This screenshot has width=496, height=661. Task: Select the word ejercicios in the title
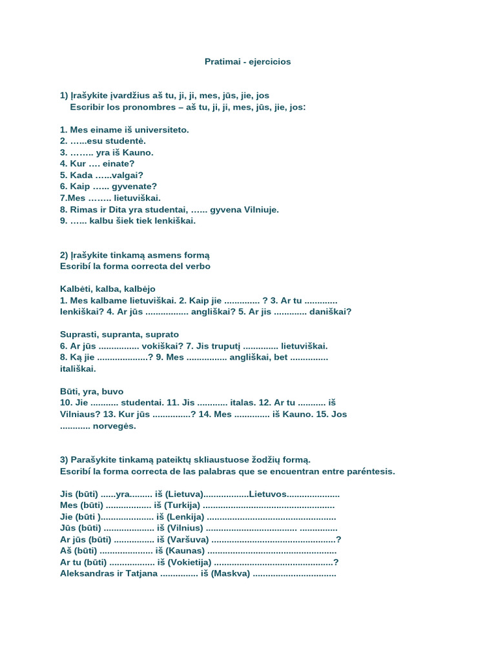(x=269, y=62)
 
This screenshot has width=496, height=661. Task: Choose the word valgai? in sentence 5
(x=128, y=175)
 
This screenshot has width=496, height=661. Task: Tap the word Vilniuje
(x=258, y=209)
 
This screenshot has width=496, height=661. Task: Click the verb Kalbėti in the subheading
(x=76, y=289)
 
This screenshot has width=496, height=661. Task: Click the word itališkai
(x=77, y=369)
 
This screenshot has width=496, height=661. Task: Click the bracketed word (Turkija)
(x=182, y=505)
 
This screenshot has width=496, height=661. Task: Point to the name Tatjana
(x=137, y=574)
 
